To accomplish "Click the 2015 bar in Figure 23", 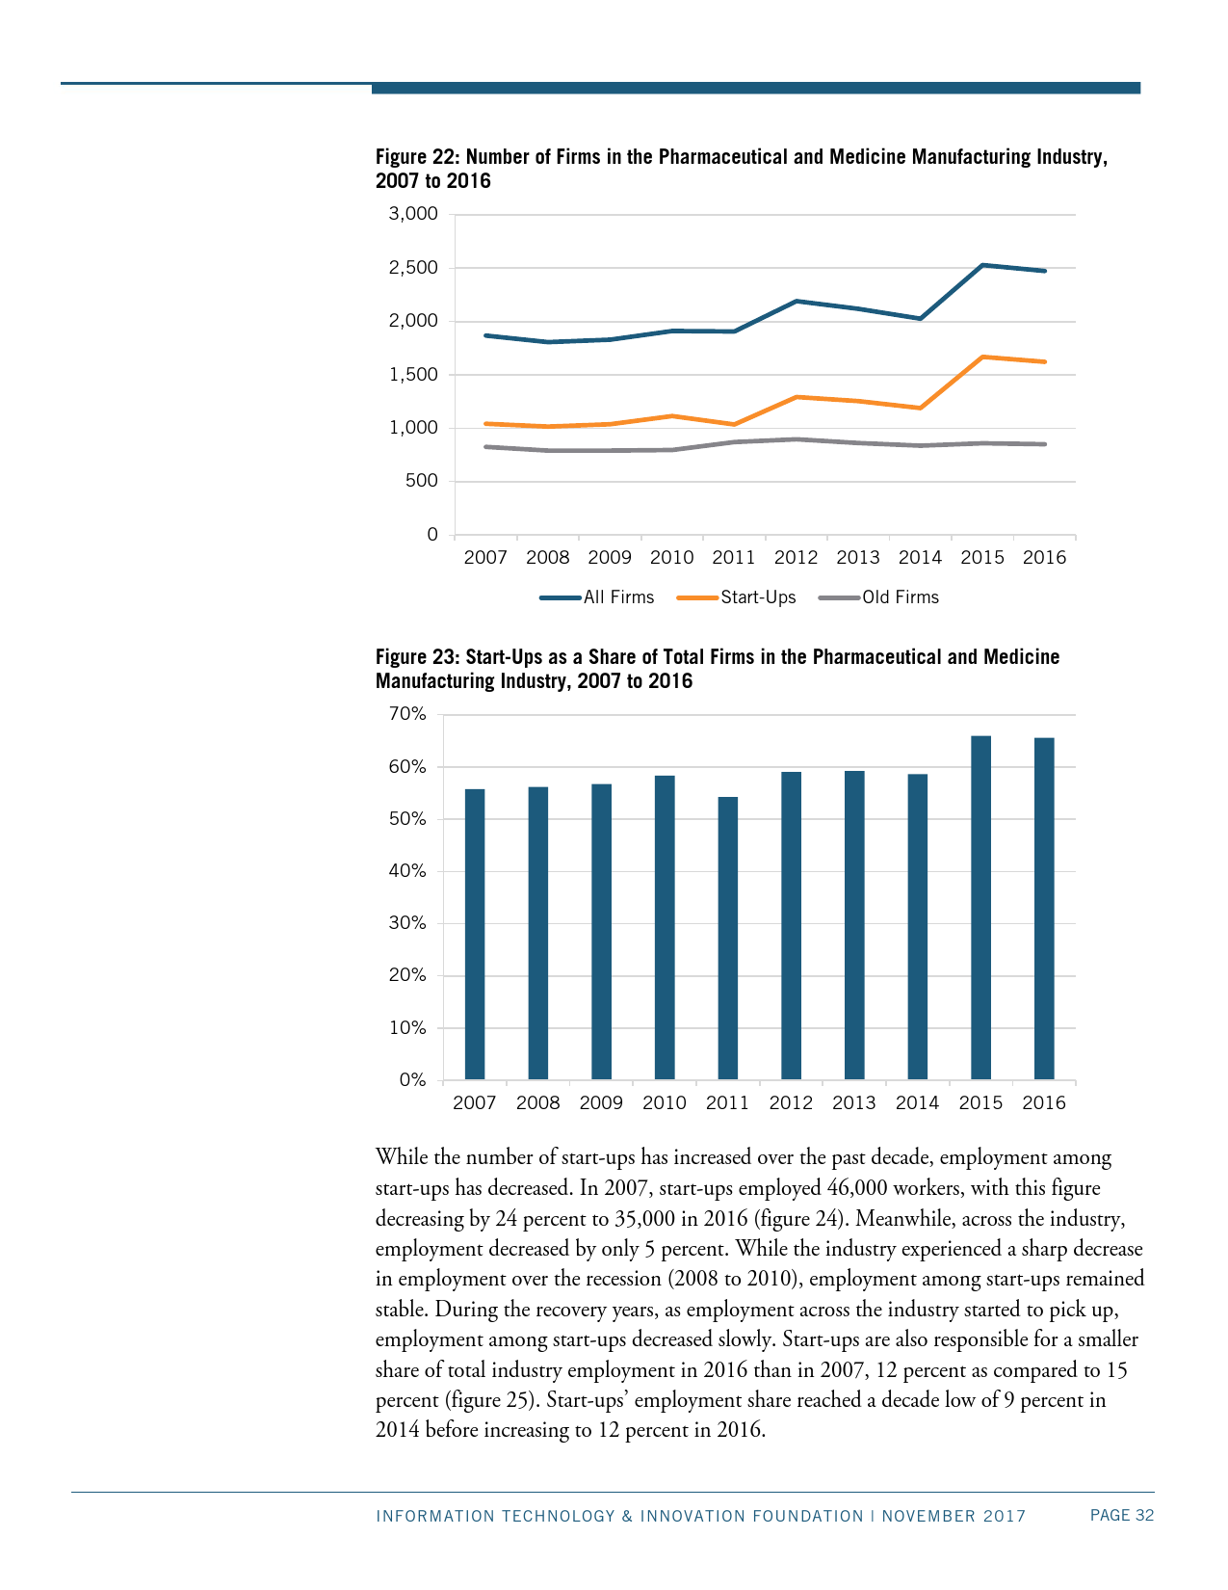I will (980, 907).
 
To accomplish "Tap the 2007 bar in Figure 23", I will (475, 934).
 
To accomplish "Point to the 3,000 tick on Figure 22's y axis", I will (413, 214).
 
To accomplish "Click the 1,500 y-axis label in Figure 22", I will (413, 374).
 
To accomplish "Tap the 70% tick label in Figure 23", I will (407, 714).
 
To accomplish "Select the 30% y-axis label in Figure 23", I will (407, 923).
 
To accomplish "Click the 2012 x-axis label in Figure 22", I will (796, 557).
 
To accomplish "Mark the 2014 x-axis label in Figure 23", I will (917, 1103).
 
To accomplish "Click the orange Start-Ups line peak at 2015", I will (982, 357).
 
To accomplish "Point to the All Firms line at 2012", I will (797, 301).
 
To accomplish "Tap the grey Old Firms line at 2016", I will (1044, 444).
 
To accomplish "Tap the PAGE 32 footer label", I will (1121, 1516).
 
